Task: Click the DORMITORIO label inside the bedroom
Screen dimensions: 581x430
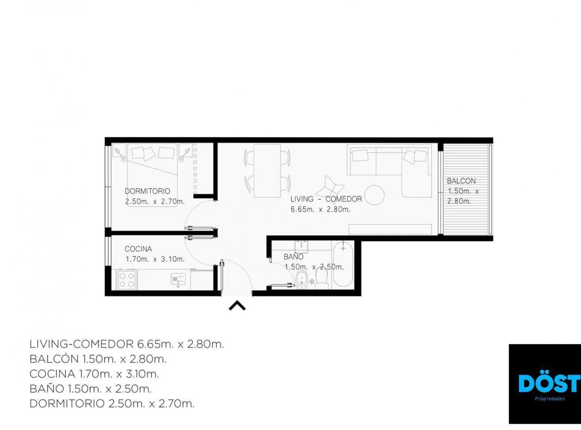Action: point(148,191)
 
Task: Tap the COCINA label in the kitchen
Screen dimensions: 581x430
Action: point(138,249)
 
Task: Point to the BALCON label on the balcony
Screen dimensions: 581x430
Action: point(461,181)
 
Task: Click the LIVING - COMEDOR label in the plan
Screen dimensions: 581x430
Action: point(326,199)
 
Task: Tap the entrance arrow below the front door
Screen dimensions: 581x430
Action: point(237,306)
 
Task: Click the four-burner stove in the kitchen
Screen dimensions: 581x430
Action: point(127,280)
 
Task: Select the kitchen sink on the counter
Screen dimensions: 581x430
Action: point(178,279)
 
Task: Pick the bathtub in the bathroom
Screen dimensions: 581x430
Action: point(343,265)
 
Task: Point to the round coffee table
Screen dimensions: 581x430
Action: point(375,195)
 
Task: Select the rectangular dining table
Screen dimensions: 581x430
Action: point(267,170)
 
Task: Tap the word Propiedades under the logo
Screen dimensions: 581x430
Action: point(550,399)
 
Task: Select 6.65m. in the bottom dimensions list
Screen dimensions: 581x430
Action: point(155,344)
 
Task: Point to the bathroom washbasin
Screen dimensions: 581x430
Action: point(301,246)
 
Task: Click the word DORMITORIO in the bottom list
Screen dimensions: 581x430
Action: point(67,404)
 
